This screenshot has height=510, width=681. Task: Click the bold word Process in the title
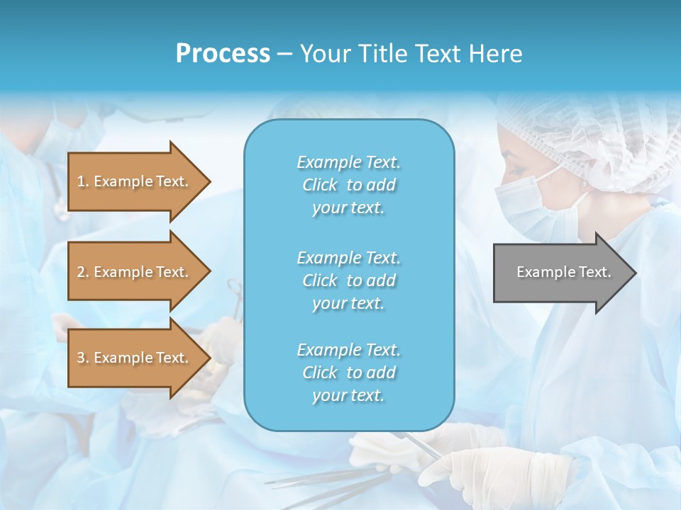tap(223, 54)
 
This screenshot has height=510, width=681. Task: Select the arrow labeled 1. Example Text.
tap(135, 181)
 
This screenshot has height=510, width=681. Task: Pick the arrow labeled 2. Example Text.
tap(135, 272)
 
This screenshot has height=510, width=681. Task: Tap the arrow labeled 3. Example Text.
tap(135, 358)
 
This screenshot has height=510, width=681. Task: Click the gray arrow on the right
tap(560, 272)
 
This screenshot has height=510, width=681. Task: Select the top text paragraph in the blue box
tap(348, 185)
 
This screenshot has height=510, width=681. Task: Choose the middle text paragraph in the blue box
tap(348, 280)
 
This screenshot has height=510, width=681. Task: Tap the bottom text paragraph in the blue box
tap(348, 373)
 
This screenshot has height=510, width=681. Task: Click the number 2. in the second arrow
tap(82, 272)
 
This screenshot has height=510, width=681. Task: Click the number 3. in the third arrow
tap(82, 358)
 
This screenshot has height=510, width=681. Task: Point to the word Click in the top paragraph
tap(320, 185)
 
